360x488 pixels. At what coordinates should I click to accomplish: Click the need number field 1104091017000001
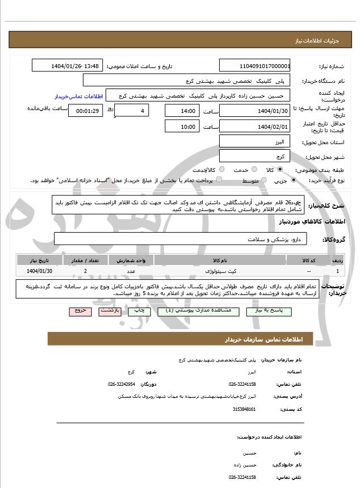[x=254, y=66]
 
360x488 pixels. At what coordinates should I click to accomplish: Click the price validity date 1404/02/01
[x=254, y=127]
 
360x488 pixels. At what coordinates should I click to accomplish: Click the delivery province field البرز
[x=254, y=141]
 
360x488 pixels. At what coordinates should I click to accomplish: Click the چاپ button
[x=137, y=312]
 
